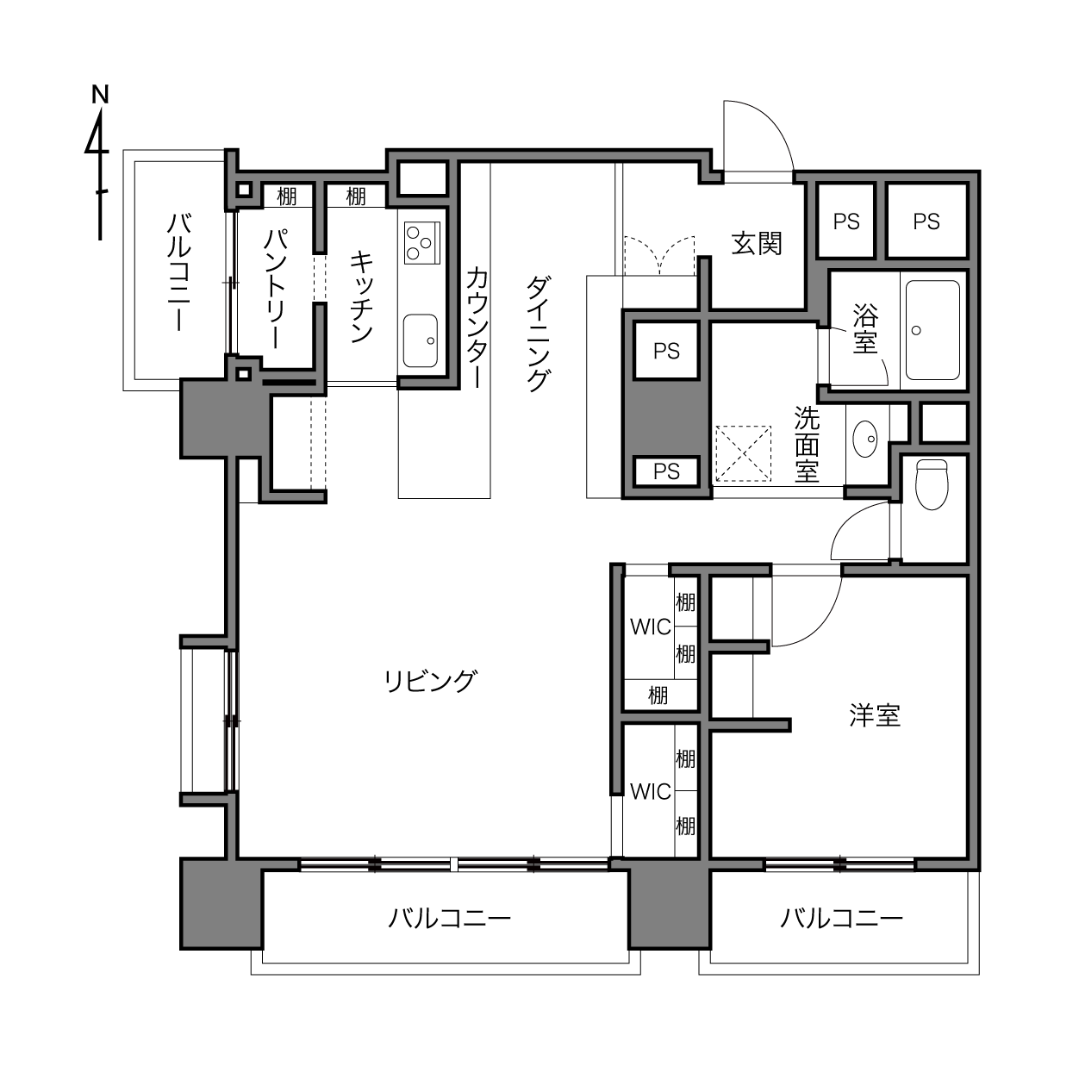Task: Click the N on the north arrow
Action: (x=100, y=95)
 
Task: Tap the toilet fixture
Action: (x=931, y=484)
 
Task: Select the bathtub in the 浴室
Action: (x=932, y=330)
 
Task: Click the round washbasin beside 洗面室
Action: (x=864, y=439)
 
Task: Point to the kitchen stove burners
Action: (x=421, y=242)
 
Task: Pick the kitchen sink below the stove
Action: (x=420, y=340)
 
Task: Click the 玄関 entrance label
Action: (x=757, y=244)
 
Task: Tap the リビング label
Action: (x=431, y=681)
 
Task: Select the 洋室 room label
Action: (x=875, y=715)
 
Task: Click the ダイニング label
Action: (x=537, y=334)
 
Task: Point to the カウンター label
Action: (x=477, y=327)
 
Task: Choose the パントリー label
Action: (x=276, y=289)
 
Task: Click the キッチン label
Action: (x=362, y=296)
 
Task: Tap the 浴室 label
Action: (x=865, y=328)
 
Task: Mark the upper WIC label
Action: (x=650, y=627)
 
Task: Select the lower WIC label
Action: (x=650, y=792)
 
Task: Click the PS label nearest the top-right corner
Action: (x=926, y=221)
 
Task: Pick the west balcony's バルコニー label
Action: (x=180, y=271)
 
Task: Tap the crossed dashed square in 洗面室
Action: (x=743, y=453)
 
